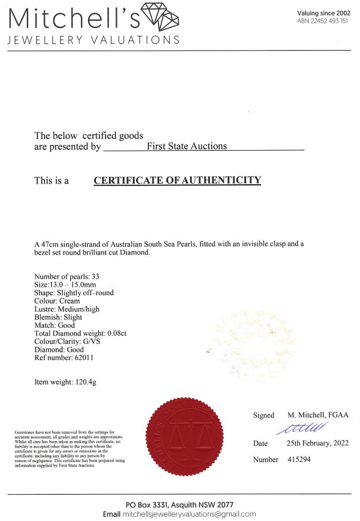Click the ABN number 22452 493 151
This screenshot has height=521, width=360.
tap(322, 21)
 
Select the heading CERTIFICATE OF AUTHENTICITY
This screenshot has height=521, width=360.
tap(177, 180)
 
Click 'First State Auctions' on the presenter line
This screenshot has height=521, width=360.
tap(187, 146)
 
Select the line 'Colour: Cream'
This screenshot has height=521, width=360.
tap(57, 301)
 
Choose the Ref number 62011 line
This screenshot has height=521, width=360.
tap(64, 358)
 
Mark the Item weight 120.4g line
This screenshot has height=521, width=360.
tap(65, 382)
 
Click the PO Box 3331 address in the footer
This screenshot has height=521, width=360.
tap(179, 504)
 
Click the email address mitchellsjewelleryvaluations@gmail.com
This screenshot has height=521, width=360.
tap(190, 514)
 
